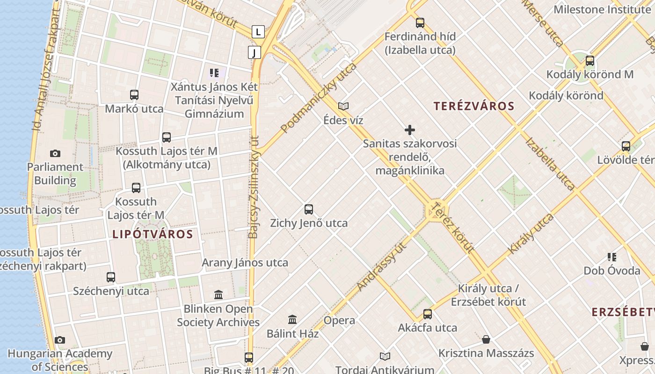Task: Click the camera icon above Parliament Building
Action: click(55, 153)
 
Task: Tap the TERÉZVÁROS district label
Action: click(473, 106)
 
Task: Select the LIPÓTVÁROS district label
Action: click(153, 234)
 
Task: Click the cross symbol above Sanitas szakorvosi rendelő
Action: click(410, 130)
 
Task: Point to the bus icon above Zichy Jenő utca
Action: click(308, 209)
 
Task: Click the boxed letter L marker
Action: click(258, 32)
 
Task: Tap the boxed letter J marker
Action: click(254, 52)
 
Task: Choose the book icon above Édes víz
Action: click(343, 107)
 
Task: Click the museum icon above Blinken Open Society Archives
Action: click(218, 295)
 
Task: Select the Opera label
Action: click(339, 321)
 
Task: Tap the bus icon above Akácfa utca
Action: click(427, 314)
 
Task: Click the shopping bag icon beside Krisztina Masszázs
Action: click(486, 339)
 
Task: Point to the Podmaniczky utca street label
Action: click(319, 97)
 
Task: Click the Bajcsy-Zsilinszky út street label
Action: click(254, 187)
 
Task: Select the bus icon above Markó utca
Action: click(134, 95)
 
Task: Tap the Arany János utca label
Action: click(245, 263)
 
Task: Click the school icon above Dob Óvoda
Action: click(611, 257)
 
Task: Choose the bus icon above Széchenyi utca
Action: click(111, 277)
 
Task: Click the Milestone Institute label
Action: click(602, 9)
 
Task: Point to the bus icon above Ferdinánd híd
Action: click(420, 22)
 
